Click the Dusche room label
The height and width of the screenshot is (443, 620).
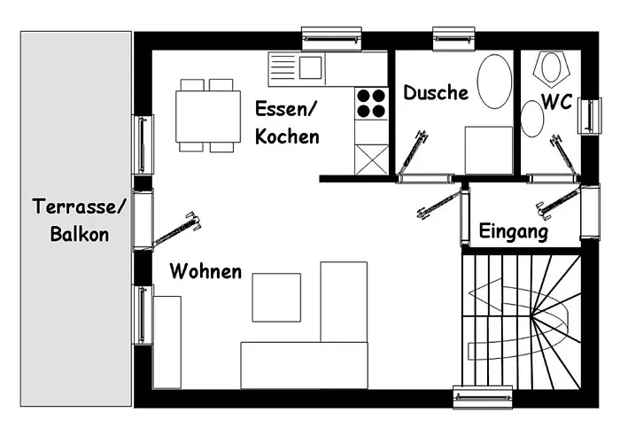coord(436,92)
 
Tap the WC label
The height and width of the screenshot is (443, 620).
coord(557,102)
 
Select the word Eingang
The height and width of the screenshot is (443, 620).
coord(513,231)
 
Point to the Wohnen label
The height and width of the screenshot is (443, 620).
coord(205,272)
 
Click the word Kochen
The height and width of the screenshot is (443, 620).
coord(287,136)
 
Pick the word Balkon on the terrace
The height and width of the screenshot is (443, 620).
coord(80,234)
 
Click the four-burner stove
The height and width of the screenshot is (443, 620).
coord(371,104)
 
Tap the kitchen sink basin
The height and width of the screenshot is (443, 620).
coord(310,67)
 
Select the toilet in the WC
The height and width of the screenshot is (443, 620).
coord(550,68)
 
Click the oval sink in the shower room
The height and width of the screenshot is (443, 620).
coord(494,82)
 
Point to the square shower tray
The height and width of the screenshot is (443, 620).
coord(489,151)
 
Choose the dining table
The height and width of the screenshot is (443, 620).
coord(208,116)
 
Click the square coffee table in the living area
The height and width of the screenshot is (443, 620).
coord(276,298)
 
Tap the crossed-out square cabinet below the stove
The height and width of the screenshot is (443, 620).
coord(371,159)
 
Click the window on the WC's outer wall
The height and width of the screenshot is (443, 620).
coord(590,115)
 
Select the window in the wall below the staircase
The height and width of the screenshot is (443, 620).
coord(483,397)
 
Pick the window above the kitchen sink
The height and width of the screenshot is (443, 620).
coord(331,39)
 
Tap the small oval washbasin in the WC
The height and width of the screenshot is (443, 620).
coord(532,119)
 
